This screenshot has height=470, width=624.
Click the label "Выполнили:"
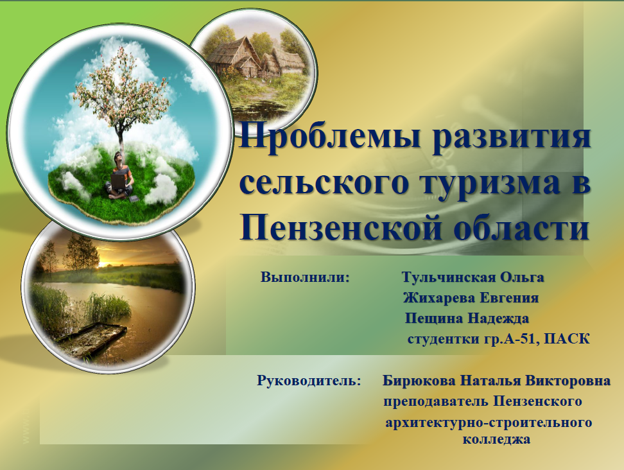(x=305, y=278)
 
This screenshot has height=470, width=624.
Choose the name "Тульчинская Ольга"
(x=473, y=278)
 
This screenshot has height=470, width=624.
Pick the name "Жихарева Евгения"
(x=471, y=299)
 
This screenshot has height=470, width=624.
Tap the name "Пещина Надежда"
(x=467, y=318)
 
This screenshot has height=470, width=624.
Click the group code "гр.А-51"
(x=514, y=338)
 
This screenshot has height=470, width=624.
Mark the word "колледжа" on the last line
(x=496, y=440)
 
